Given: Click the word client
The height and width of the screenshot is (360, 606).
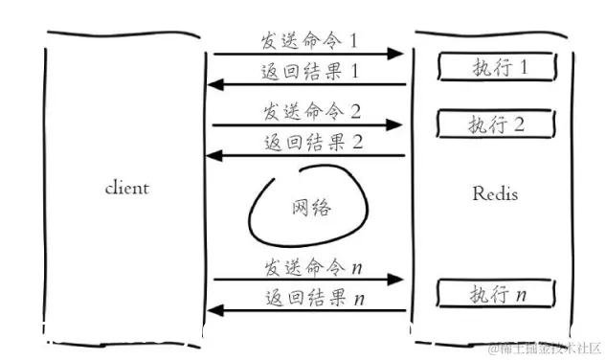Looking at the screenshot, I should pos(126,188).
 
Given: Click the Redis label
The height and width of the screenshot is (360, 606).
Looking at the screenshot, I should pos(495,193).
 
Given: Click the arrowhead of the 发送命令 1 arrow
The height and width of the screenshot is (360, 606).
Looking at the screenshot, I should pos(396,55).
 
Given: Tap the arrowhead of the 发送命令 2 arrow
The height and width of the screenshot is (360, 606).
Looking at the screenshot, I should pos(394,124).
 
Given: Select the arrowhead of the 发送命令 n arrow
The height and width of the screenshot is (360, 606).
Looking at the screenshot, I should pos(394,281).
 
